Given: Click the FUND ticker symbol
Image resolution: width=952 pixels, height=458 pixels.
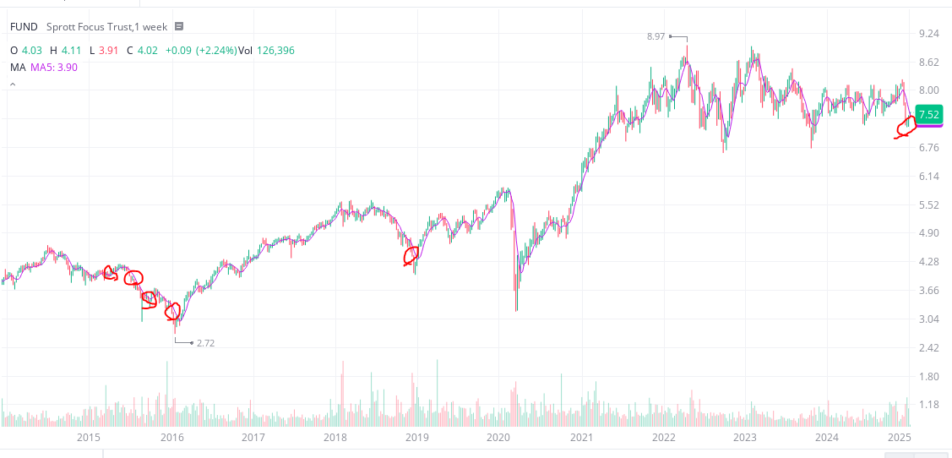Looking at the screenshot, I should point(24,27).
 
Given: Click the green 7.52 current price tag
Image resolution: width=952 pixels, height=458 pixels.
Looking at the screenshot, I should point(928,115).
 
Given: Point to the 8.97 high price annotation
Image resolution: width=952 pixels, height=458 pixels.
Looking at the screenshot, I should point(656,36).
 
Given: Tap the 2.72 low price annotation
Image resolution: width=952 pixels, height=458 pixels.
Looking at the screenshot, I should point(205,343).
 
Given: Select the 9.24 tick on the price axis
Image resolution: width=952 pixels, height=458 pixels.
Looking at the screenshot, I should point(928,34).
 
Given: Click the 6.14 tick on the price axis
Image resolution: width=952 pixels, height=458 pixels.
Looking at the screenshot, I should point(928,177).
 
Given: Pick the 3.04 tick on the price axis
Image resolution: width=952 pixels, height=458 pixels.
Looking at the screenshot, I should point(928,319).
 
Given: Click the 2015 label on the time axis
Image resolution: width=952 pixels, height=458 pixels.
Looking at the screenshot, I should point(89,438).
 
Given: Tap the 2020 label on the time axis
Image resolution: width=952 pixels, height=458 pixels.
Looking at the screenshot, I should point(498,438).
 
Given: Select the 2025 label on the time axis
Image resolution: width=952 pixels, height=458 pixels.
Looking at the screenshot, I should point(900,438).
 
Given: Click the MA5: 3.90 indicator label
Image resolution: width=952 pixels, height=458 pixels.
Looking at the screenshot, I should point(54,67).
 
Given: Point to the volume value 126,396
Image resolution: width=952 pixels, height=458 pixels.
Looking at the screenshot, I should point(275,51).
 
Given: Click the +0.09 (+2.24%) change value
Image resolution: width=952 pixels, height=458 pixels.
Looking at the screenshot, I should point(200,51).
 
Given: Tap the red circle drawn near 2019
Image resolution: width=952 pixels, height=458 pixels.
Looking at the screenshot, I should point(411,254).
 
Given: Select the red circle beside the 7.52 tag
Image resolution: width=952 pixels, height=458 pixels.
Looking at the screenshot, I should point(906,127).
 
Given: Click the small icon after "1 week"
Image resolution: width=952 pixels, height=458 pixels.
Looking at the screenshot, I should point(179,27).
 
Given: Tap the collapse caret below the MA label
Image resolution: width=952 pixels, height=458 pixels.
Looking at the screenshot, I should point(14,85).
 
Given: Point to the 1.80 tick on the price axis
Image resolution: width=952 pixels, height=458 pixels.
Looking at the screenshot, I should point(928,377).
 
